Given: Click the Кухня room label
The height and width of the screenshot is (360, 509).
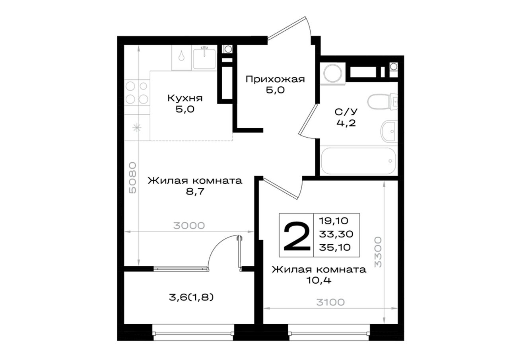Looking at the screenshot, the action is coord(185,98).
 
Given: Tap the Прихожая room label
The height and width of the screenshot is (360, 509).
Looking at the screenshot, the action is coord(275,80).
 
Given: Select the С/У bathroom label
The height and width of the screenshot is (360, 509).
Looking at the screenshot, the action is coord(346,112).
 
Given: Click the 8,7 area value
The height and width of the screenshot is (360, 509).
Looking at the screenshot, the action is coord(195,192).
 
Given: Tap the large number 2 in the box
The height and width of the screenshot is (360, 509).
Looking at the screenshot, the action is coord(297,237).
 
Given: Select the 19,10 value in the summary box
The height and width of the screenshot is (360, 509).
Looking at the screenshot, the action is coord(334,221).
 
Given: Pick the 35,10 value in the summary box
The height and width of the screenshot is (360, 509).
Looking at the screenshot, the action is coord(335,247).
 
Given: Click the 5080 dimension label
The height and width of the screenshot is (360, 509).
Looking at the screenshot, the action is coord(132,178).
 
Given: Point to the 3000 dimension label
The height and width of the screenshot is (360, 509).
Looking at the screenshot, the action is coord(189,226).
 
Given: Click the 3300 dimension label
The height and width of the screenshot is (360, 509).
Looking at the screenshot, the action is coord(378,252).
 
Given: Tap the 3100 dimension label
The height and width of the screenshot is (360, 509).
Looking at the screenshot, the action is coord(330,302).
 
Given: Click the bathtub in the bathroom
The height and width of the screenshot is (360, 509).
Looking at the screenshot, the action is coord(359,161).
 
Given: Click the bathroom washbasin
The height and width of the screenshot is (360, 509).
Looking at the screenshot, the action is coord(389,131).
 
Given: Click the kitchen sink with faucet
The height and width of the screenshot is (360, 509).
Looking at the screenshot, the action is coord(204,58).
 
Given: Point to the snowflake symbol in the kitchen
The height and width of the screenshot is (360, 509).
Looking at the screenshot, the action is coord(137,128).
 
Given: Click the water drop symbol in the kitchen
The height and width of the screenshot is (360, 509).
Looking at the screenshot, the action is coord(181,56).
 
